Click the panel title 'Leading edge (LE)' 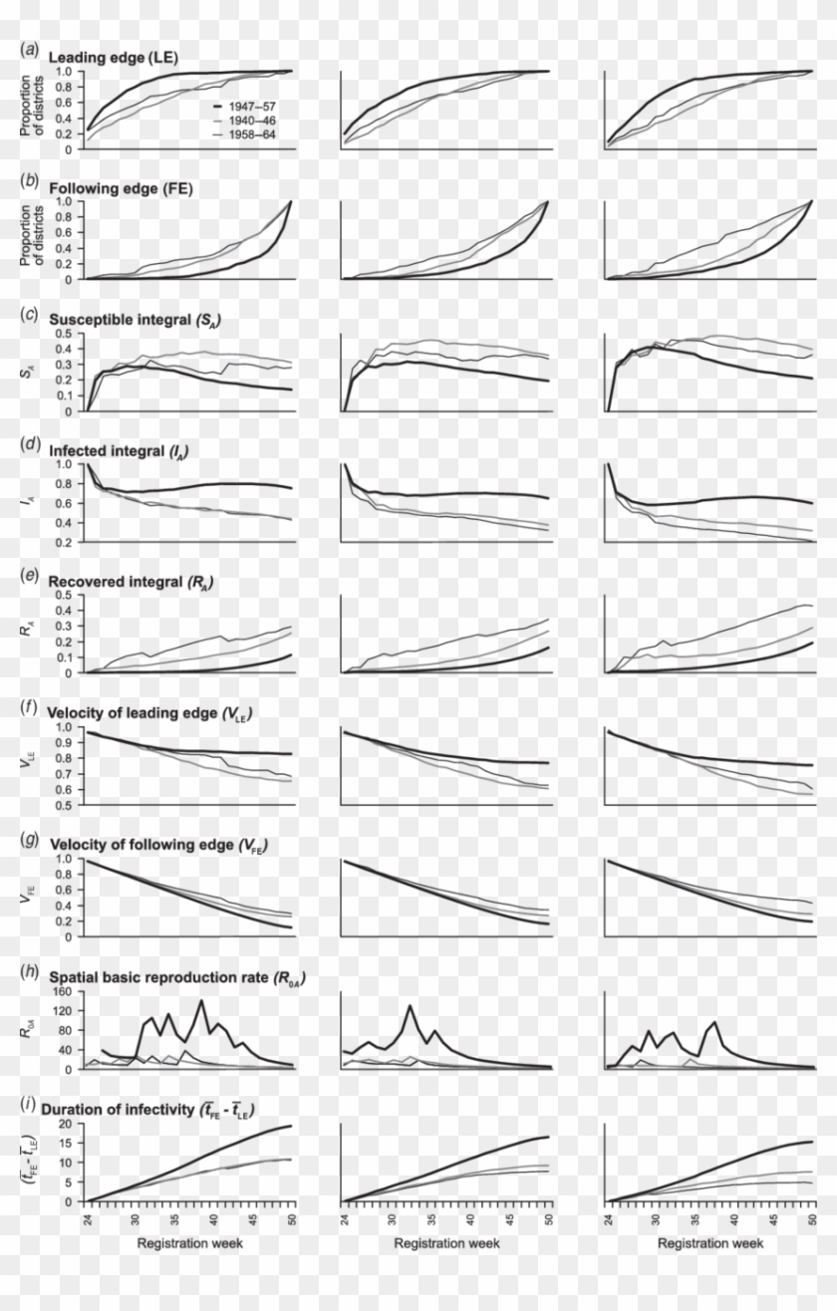click(114, 58)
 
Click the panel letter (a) click(31, 48)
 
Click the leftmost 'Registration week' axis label click(188, 1243)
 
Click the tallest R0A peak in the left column click(201, 1000)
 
